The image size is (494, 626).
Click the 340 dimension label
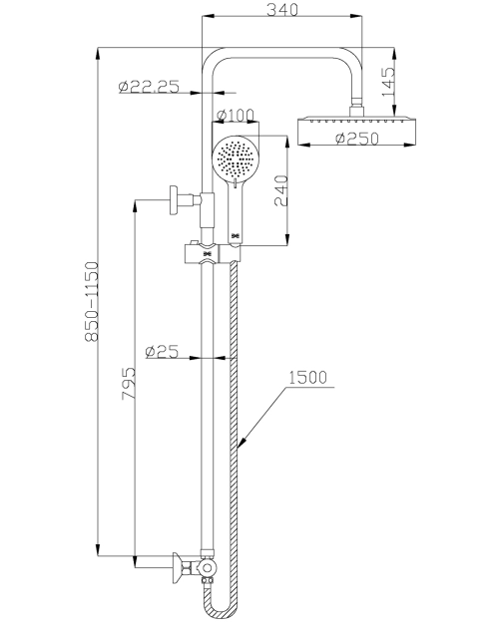pos(282,10)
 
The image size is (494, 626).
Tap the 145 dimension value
pos(388,82)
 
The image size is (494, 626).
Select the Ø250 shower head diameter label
pos(357,139)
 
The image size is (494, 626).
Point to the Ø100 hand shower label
pos(235,115)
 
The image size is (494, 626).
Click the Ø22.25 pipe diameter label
pos(149,87)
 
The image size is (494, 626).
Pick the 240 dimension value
pos(280,190)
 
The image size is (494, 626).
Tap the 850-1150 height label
pos(92,301)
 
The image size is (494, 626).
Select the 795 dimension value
pos(129,383)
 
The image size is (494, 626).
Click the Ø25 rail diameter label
pos(162,351)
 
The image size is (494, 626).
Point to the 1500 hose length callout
pos(307,377)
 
